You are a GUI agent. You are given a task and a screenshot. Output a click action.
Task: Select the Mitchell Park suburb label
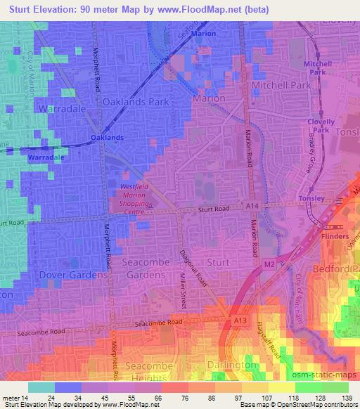(281, 85)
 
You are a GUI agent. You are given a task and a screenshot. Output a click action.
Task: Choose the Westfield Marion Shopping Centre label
(130, 199)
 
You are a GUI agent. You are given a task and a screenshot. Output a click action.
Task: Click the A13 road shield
(240, 320)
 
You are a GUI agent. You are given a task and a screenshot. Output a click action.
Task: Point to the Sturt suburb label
(218, 262)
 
